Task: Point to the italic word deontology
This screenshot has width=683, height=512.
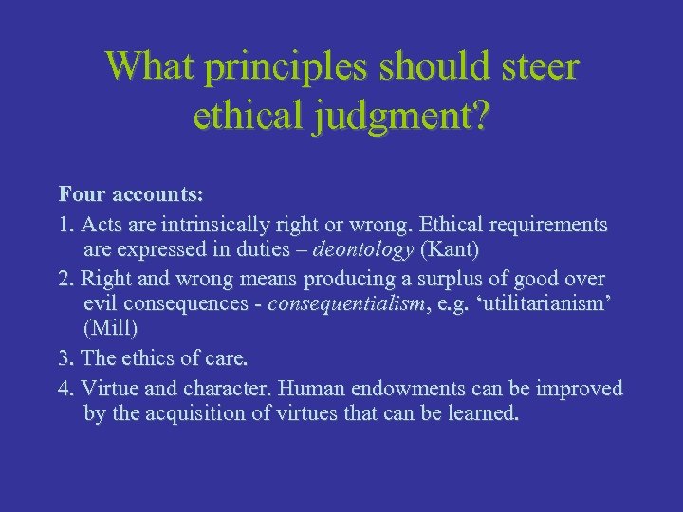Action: pos(364,250)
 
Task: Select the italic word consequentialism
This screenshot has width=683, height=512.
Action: pos(345,304)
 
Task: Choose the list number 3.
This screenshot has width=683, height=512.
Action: pos(65,358)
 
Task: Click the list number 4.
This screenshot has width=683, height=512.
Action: pos(65,388)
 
